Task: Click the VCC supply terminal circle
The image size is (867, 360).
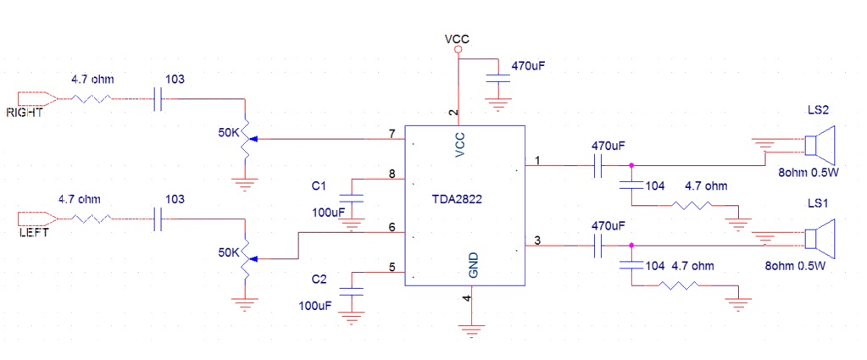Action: click(x=458, y=51)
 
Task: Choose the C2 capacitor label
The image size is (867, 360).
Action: click(x=318, y=279)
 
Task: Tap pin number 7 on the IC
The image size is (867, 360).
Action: click(x=392, y=134)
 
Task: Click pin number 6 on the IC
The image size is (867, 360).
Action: click(x=392, y=227)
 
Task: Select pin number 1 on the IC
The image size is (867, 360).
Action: click(x=537, y=160)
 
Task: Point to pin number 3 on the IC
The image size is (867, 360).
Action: click(x=537, y=241)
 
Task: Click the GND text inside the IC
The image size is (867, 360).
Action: click(x=474, y=265)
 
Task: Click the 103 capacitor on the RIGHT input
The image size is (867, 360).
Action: click(x=158, y=98)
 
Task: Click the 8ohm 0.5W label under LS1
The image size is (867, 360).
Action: click(x=795, y=266)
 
